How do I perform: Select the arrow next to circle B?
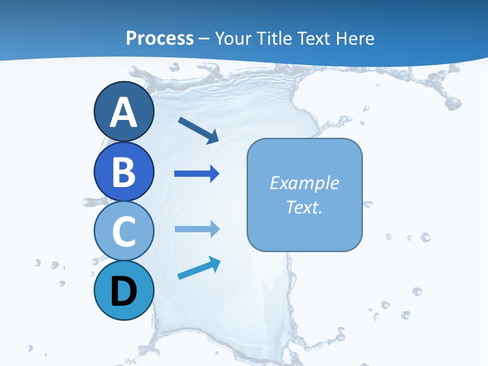click(x=196, y=174)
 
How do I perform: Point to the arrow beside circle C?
click(x=196, y=229)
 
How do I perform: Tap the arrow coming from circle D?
click(x=199, y=269)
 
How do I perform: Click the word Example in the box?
click(x=304, y=183)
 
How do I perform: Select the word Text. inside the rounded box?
click(x=304, y=207)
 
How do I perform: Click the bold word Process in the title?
click(x=160, y=38)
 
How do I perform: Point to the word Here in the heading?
click(x=356, y=38)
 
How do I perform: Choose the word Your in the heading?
click(x=231, y=38)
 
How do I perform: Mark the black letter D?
click(x=124, y=292)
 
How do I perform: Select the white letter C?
click(x=124, y=231)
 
